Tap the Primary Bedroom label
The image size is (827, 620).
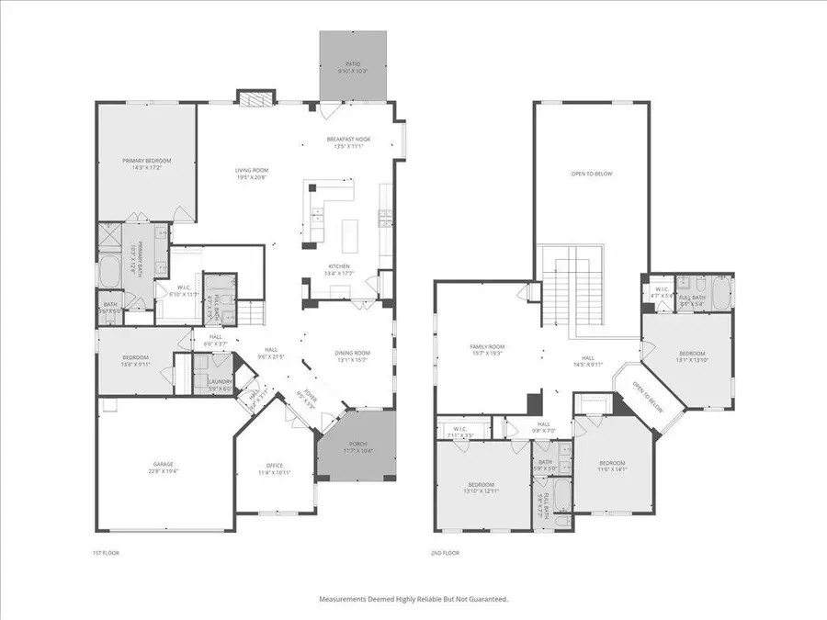(147, 163)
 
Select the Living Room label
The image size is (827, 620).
(251, 172)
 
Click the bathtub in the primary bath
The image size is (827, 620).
(111, 273)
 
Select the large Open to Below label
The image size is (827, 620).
(591, 174)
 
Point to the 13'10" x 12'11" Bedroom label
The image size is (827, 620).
(481, 487)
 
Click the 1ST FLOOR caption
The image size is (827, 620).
(106, 553)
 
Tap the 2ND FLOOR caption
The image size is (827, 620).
(446, 553)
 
